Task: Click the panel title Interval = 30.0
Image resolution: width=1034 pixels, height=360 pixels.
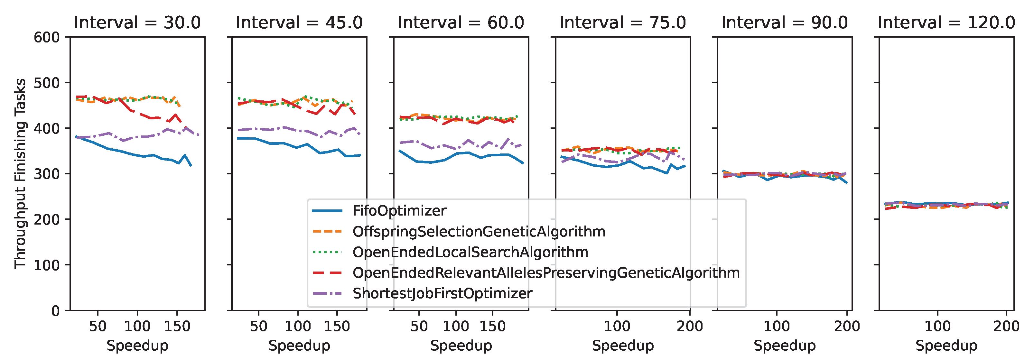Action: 137,23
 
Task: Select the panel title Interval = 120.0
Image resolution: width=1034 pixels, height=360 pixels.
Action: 946,23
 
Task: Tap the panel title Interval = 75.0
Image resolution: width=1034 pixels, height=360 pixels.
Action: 623,23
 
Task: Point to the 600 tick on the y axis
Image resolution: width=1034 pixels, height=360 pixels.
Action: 47,37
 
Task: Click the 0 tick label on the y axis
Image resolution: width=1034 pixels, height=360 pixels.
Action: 55,311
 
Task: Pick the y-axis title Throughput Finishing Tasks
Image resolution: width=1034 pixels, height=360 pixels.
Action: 20,173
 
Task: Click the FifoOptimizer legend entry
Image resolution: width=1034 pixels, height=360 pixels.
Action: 399,211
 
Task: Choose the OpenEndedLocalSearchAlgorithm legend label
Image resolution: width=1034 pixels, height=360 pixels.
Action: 470,252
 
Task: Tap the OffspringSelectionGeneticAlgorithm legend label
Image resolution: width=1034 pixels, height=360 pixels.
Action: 479,232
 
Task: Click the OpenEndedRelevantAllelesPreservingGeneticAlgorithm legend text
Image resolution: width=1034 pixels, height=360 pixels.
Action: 546,273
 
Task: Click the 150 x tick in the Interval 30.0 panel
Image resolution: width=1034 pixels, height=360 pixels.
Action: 177,326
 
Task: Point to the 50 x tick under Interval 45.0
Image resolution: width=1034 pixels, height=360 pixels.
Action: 258,326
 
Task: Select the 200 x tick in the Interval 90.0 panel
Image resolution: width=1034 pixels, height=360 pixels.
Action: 847,326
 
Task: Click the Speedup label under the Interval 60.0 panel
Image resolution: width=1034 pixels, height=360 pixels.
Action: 461,346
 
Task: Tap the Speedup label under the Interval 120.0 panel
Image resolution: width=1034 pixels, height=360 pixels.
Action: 946,346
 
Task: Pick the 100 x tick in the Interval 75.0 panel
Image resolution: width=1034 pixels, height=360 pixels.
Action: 617,326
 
